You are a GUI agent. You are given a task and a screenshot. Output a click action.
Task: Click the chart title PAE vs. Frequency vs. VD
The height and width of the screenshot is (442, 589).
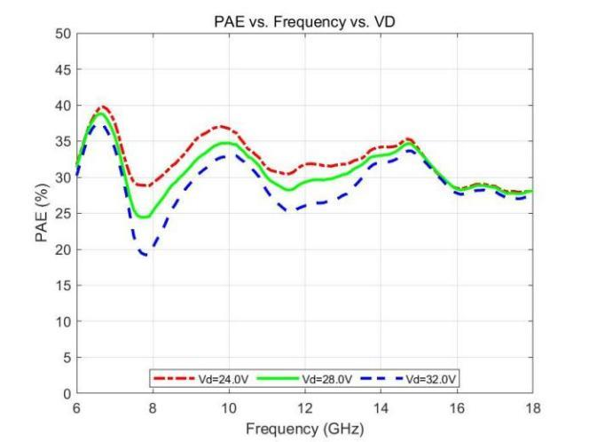pyautogui.click(x=304, y=22)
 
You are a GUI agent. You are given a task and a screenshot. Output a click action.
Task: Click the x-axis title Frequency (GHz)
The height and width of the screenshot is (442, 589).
pyautogui.click(x=304, y=427)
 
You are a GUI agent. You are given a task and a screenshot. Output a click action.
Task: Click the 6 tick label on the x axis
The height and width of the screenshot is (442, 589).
pyautogui.click(x=76, y=407)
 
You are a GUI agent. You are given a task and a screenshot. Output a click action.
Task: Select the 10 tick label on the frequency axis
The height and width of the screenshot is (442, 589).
pyautogui.click(x=229, y=407)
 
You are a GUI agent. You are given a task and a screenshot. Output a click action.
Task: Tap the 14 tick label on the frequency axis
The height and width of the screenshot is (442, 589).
pyautogui.click(x=381, y=407)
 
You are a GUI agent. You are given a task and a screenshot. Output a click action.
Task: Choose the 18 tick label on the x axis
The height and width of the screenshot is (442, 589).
pyautogui.click(x=532, y=407)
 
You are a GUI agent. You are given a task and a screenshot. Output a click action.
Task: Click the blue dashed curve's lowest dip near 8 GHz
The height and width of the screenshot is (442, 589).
pyautogui.click(x=145, y=255)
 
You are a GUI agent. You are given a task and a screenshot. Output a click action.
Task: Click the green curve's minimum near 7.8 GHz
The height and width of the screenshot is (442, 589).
pyautogui.click(x=142, y=217)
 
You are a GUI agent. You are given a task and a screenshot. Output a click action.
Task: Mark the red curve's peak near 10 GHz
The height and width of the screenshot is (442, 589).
pyautogui.click(x=223, y=126)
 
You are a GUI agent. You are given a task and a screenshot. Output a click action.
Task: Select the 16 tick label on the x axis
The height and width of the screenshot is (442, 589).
pyautogui.click(x=457, y=407)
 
